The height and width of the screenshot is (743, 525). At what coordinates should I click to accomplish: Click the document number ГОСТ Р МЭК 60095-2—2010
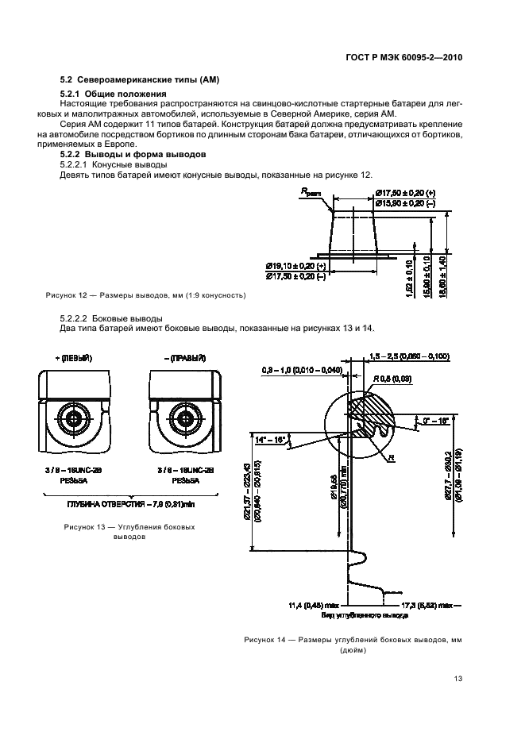tap(404, 57)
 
